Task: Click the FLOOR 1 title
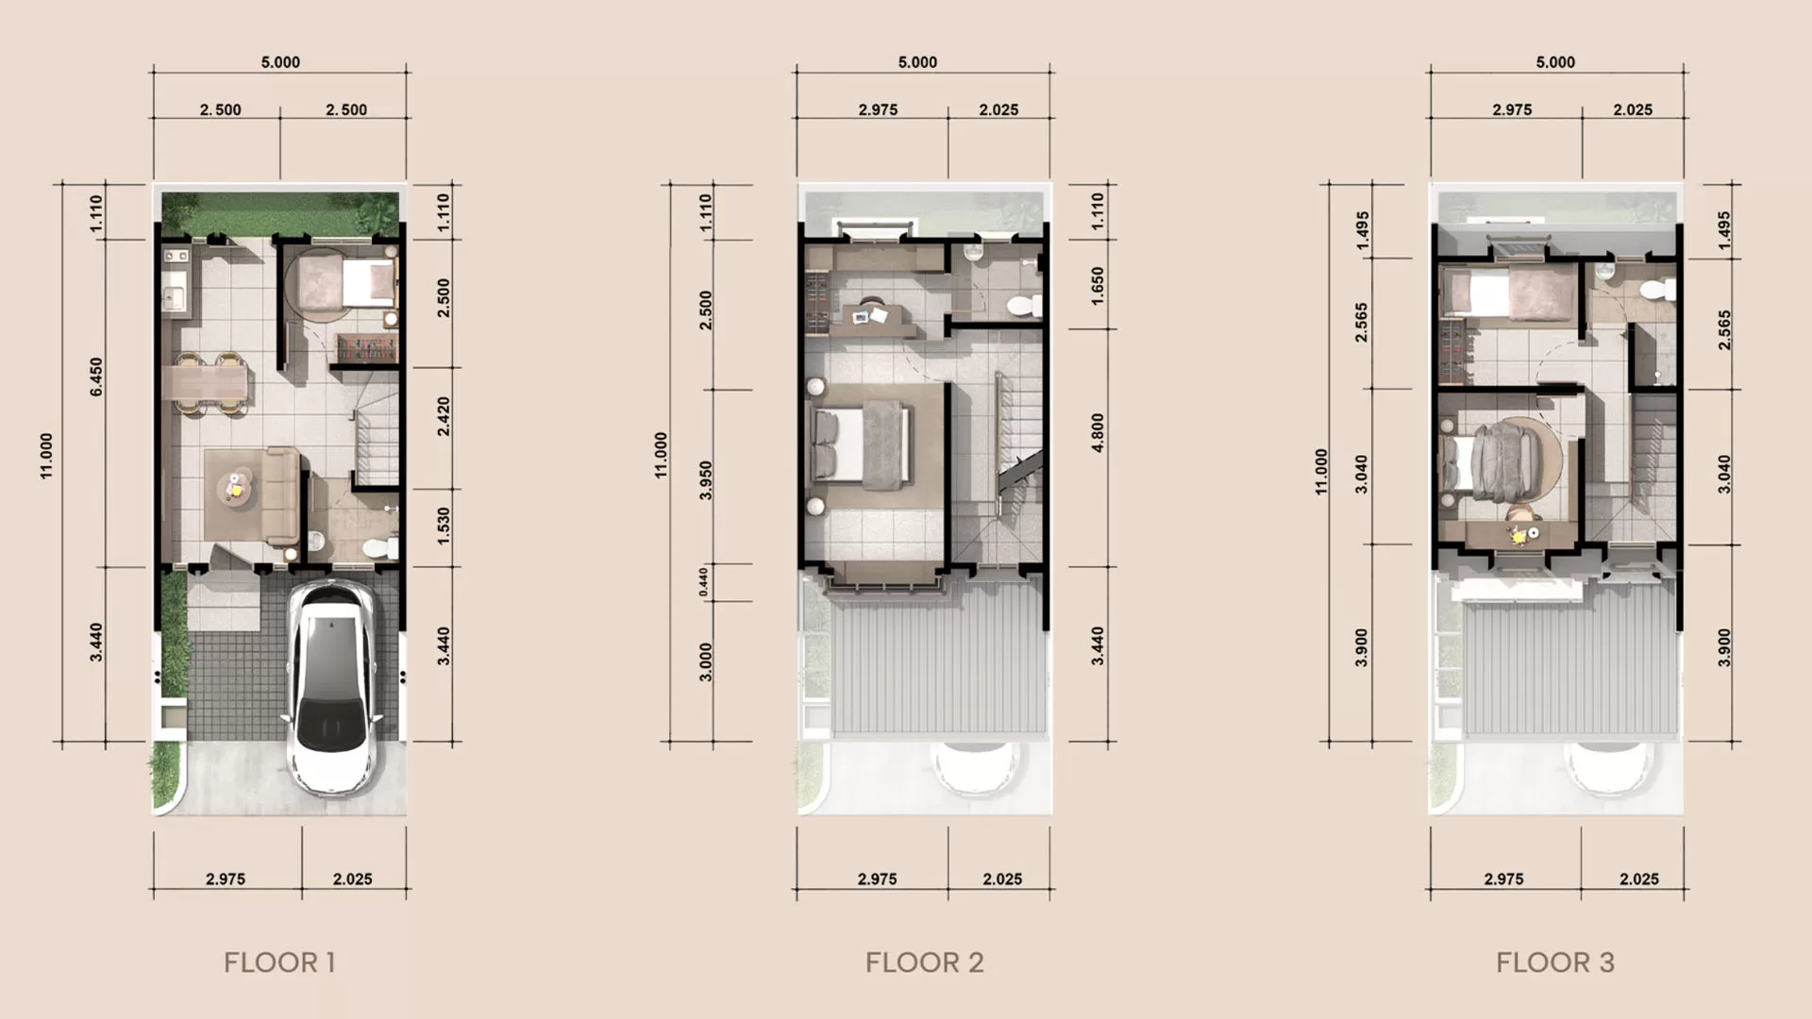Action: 279,962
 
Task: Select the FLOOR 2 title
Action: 924,962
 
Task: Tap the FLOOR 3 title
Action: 1554,962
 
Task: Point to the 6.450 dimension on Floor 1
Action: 96,376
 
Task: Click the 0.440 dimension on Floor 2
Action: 703,581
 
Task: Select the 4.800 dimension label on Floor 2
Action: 1098,432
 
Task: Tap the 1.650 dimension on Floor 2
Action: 1098,285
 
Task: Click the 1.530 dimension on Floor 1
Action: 444,526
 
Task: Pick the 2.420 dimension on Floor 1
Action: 444,416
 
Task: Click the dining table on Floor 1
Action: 207,383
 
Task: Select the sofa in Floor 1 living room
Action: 281,496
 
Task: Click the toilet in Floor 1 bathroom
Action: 377,547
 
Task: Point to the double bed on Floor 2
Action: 862,444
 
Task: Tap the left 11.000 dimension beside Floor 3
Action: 1321,471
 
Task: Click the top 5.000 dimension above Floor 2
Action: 917,62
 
